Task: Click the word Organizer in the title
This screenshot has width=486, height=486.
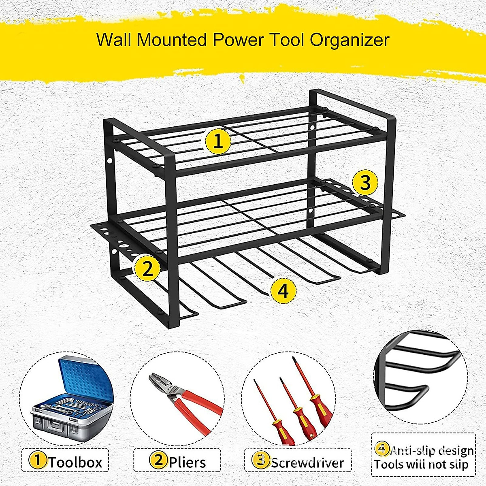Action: click(350, 40)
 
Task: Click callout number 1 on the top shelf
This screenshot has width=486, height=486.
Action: click(218, 142)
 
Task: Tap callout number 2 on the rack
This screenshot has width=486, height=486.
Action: click(147, 268)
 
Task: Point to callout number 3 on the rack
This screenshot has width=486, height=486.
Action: click(365, 183)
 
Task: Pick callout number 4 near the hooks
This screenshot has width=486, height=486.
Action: click(283, 290)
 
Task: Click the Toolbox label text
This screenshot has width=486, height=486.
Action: click(75, 462)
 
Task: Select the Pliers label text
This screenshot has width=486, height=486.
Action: click(187, 462)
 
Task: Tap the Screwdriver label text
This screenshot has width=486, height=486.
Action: click(307, 462)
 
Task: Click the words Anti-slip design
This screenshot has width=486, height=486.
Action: click(432, 451)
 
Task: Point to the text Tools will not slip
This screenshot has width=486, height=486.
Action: click(421, 465)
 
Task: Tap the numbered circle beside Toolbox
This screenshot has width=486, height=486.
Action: click(38, 460)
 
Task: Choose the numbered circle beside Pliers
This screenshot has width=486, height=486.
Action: click(159, 460)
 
